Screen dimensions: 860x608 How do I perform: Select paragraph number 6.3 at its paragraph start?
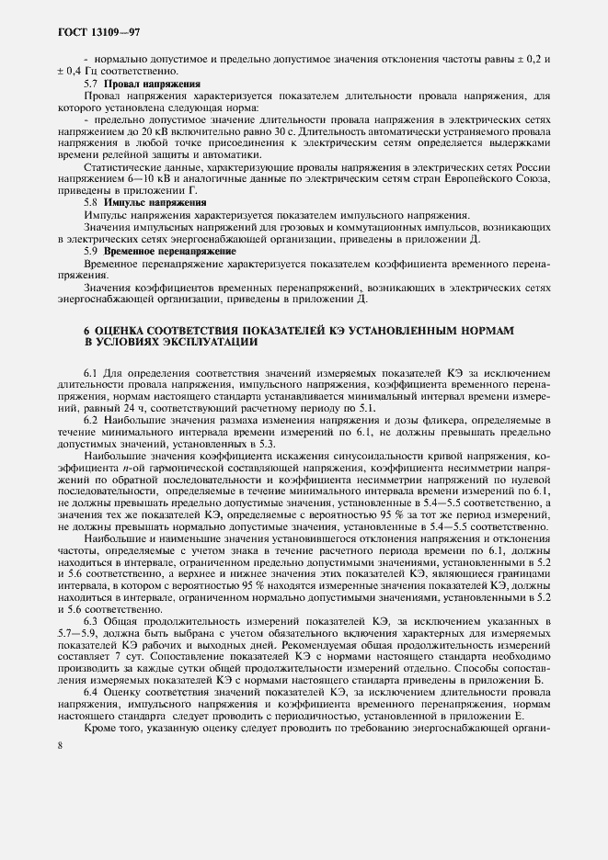click(90, 622)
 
